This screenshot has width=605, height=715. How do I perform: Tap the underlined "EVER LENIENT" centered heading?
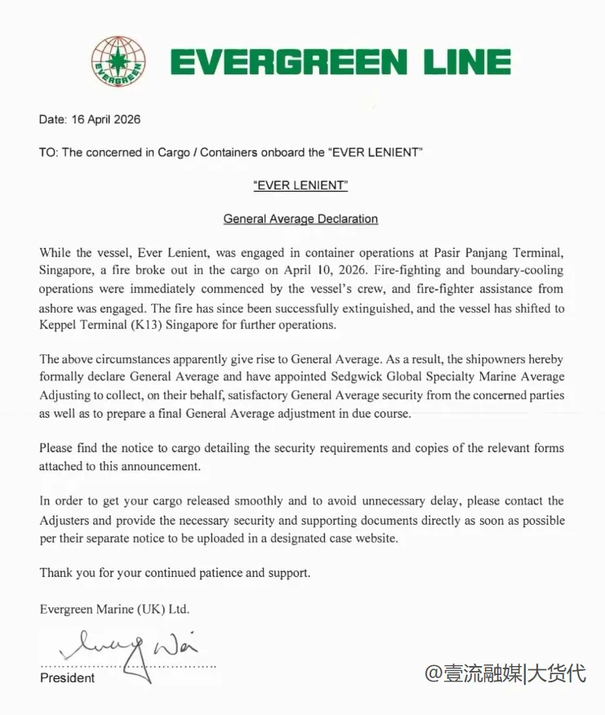click(300, 185)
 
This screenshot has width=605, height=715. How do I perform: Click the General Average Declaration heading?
click(300, 219)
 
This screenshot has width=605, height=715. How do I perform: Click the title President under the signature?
click(67, 677)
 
